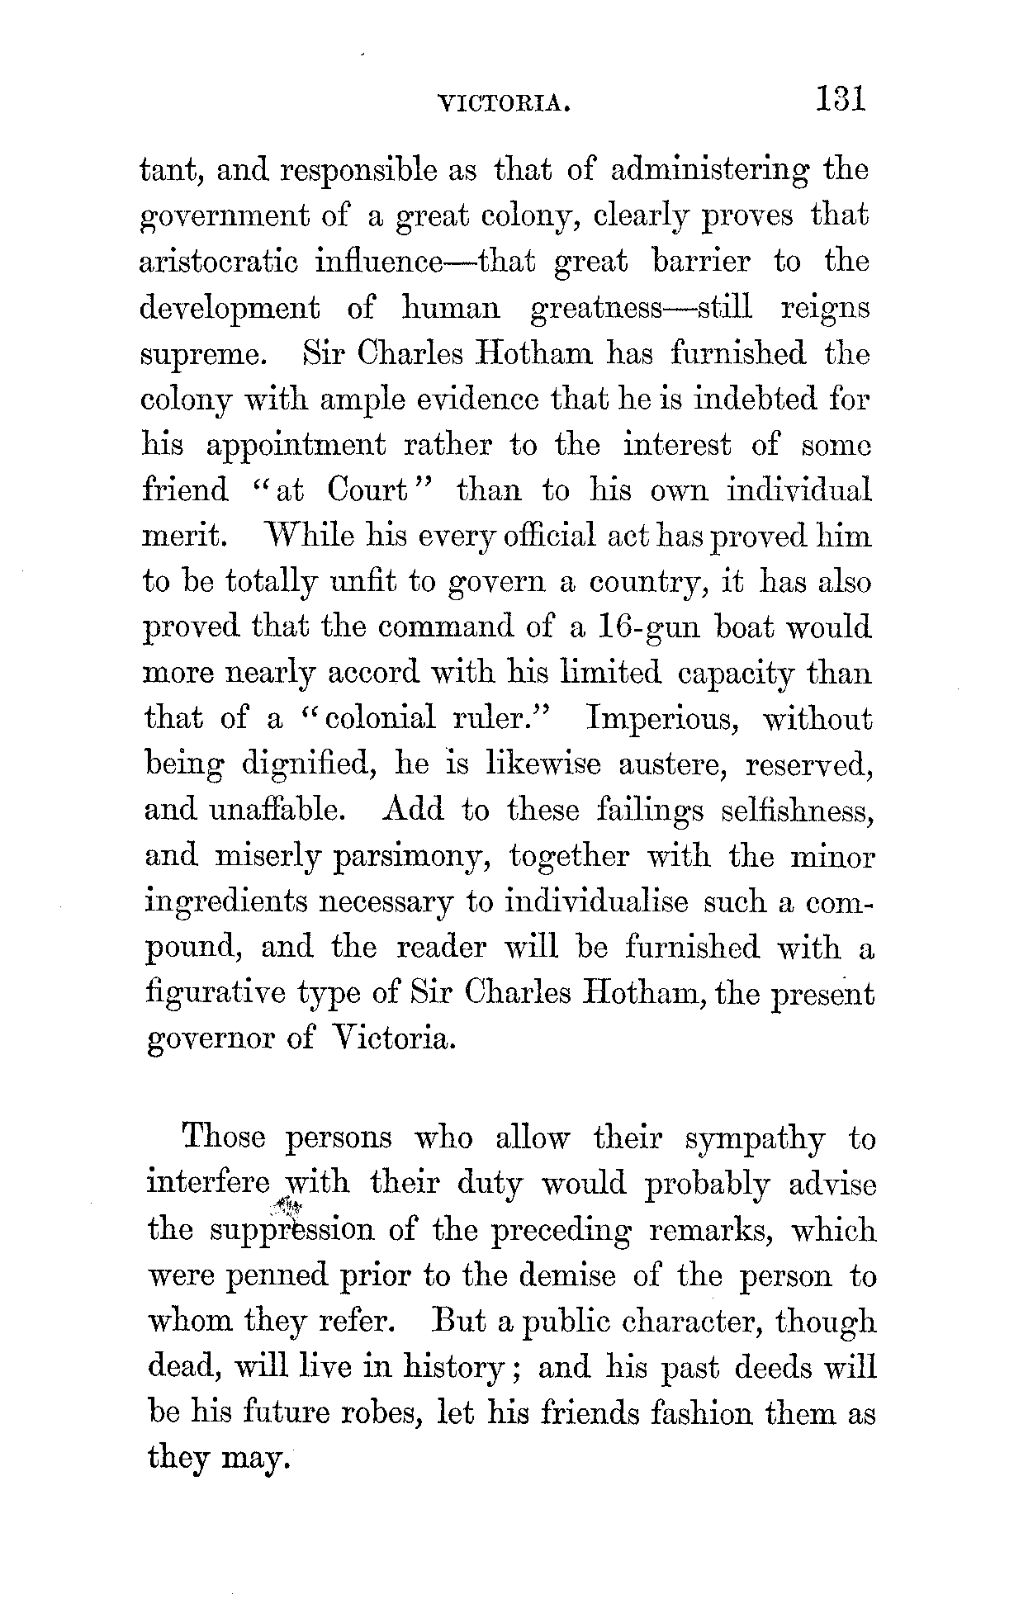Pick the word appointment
[x=295, y=447]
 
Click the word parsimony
[x=412, y=858]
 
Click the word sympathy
[x=755, y=1140]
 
